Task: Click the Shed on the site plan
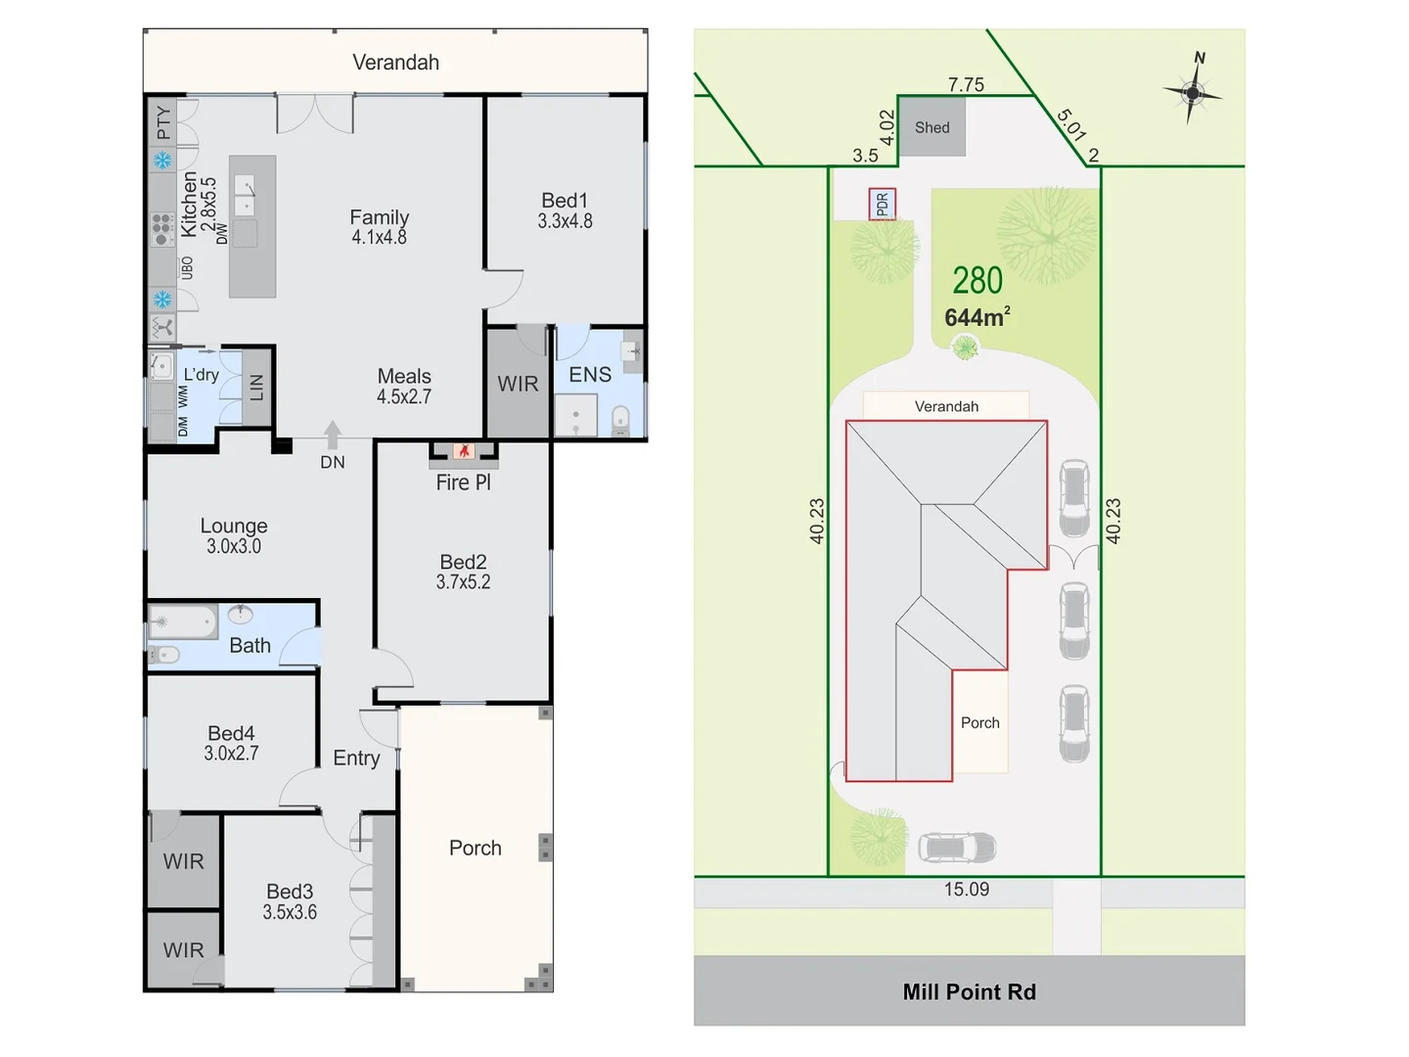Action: pos(932,127)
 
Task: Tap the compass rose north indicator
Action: pos(1193,91)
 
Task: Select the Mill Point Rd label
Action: pos(969,991)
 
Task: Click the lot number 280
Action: pos(977,281)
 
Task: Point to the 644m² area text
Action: pos(977,317)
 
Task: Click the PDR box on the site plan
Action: pos(882,204)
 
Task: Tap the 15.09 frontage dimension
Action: pos(966,889)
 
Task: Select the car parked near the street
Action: pos(957,847)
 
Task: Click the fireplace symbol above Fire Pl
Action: pos(464,450)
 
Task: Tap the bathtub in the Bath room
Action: pos(183,621)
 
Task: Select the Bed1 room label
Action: pos(565,201)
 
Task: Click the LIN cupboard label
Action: pos(256,388)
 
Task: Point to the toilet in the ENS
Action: pos(620,420)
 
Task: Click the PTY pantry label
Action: pos(162,123)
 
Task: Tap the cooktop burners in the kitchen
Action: pos(162,229)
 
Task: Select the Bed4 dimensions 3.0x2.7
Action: pos(231,754)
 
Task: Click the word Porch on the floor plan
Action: pos(475,848)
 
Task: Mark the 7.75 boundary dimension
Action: pos(966,85)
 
